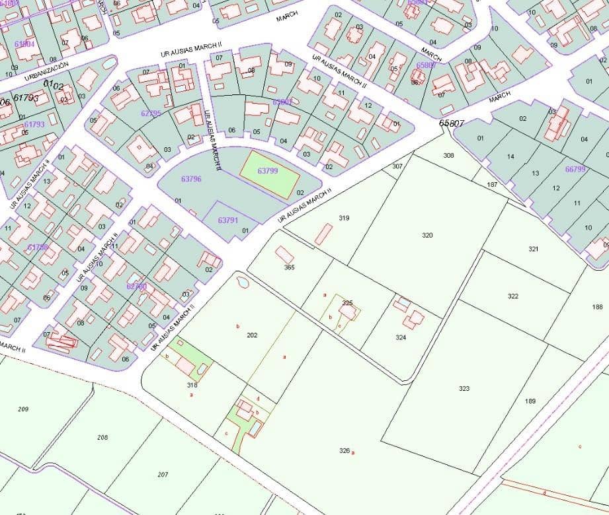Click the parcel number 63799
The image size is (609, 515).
point(267,170)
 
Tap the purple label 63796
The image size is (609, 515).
point(190,179)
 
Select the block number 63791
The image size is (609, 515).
point(227,220)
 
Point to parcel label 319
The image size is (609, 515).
point(344,218)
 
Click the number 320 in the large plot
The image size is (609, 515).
point(427,235)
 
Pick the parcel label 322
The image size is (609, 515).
point(513,296)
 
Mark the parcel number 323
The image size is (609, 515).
point(464,388)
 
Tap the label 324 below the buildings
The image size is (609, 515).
point(401,337)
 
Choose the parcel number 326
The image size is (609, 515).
point(344,450)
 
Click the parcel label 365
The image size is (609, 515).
point(289,267)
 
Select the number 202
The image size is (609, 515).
point(252,335)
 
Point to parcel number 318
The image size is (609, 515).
point(192,384)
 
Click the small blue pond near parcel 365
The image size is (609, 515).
point(241,283)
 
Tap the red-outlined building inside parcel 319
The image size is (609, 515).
point(323,234)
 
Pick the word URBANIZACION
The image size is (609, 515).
point(46,71)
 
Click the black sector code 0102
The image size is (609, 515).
point(54,85)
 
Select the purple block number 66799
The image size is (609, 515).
point(575,169)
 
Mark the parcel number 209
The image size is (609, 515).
point(23,409)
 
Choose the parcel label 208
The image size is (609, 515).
point(102,438)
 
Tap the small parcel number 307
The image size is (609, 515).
point(397,166)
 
